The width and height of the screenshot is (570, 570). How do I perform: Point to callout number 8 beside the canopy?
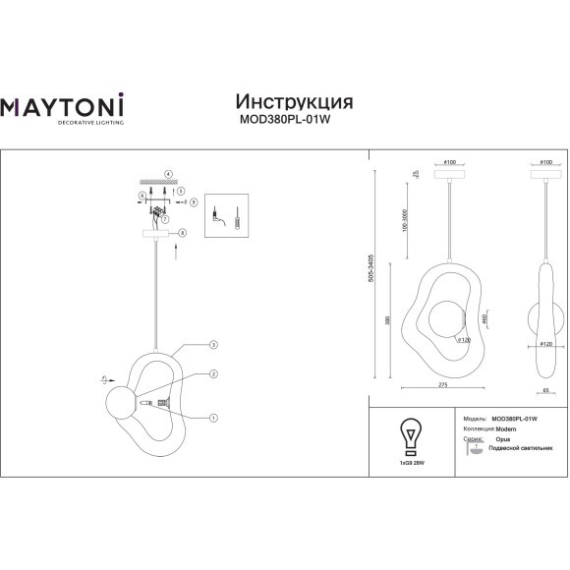[182, 233]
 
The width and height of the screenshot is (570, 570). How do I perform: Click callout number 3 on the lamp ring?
[213, 345]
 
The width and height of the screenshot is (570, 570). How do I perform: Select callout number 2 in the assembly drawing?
[213, 373]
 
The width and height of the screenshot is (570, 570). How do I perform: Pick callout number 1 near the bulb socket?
[213, 417]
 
